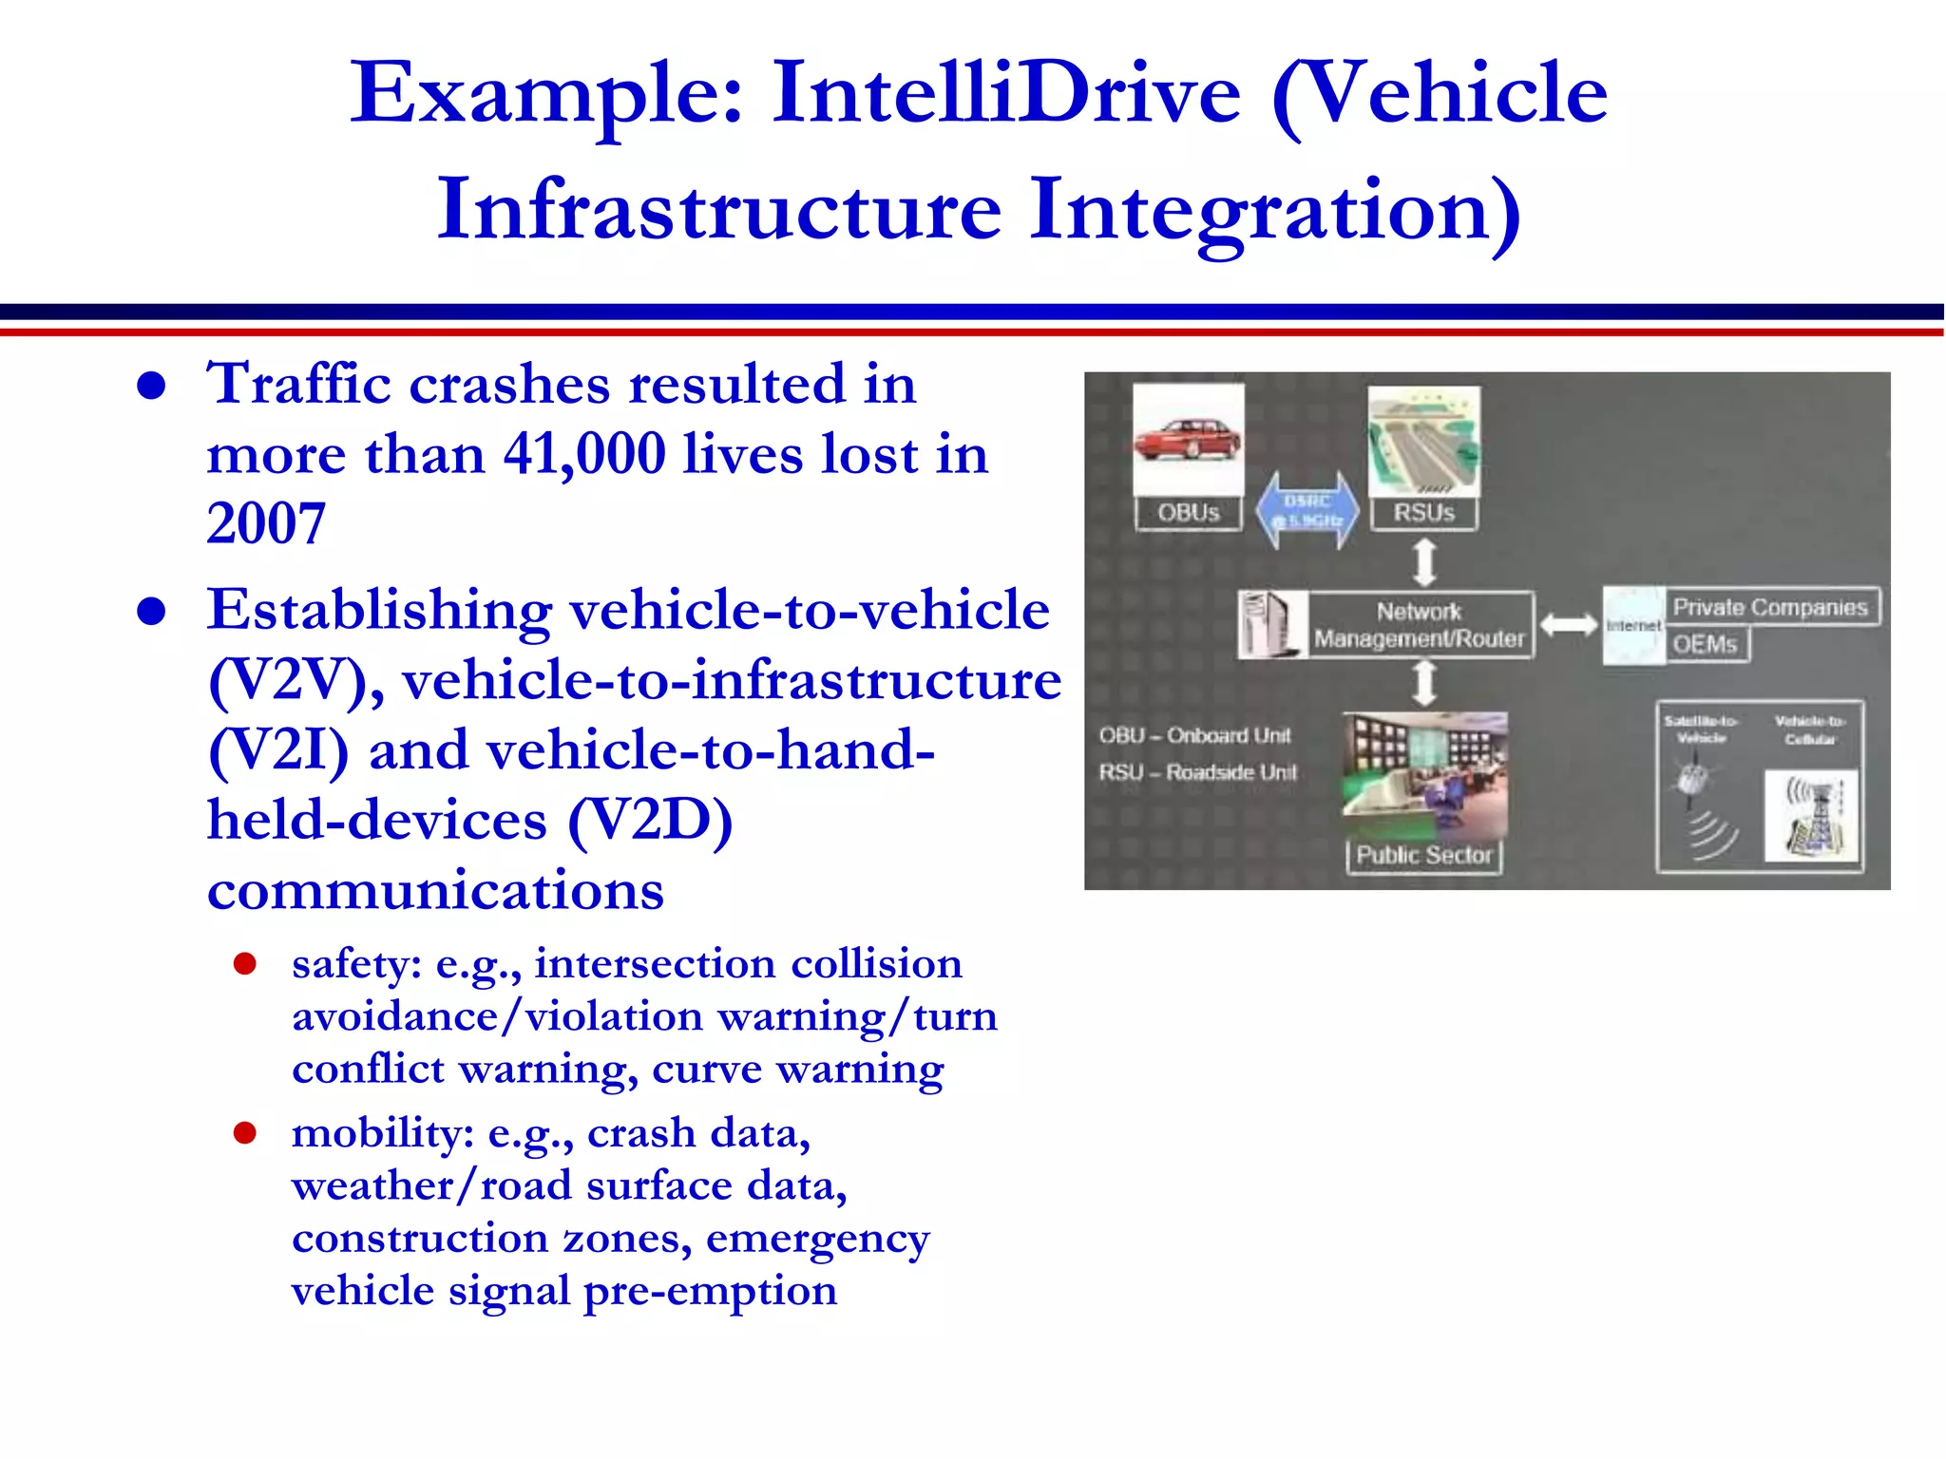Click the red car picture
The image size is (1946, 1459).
pos(1188,440)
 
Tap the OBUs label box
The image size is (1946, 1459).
pos(1188,513)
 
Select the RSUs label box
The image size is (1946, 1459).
pos(1423,513)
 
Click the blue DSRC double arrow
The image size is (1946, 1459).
pos(1307,511)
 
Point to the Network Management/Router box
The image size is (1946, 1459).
pos(1419,625)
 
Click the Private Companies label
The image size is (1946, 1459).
pos(1769,607)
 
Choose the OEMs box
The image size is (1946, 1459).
pos(1706,644)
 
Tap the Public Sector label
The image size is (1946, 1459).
pos(1423,855)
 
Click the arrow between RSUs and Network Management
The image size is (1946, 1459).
pos(1424,562)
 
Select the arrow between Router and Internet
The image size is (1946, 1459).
pos(1568,625)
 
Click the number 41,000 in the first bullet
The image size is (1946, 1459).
pos(583,453)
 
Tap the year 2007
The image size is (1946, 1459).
pos(266,523)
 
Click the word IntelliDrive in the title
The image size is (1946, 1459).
pos(1006,93)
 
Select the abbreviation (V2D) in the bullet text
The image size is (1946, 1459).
pos(650,820)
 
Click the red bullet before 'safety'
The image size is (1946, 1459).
pos(245,964)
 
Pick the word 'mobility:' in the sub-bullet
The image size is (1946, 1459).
pos(382,1133)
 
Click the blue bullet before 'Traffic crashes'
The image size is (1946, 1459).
pos(151,386)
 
